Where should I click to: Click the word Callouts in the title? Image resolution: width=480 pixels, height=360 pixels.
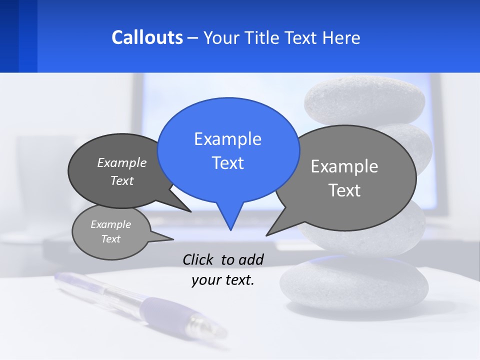[147, 37]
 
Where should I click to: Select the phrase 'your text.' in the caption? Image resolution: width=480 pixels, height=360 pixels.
[223, 280]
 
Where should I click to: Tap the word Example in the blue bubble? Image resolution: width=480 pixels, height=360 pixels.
[227, 139]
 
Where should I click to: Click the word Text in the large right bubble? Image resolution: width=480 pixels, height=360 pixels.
[344, 190]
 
